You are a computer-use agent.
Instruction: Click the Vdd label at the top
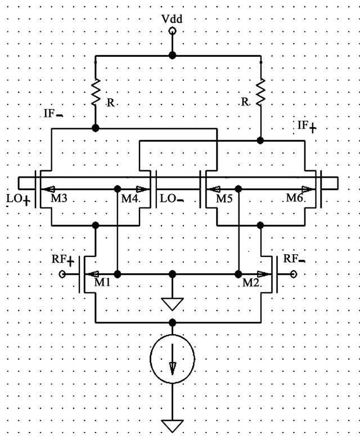click(x=172, y=19)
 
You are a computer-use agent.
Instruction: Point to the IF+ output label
click(x=307, y=126)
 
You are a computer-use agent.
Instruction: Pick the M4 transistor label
click(x=130, y=199)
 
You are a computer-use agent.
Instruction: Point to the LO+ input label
click(x=19, y=199)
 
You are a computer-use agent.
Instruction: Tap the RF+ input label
click(x=63, y=260)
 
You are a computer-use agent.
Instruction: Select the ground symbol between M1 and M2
click(x=173, y=304)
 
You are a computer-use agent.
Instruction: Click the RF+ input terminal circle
click(x=62, y=274)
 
